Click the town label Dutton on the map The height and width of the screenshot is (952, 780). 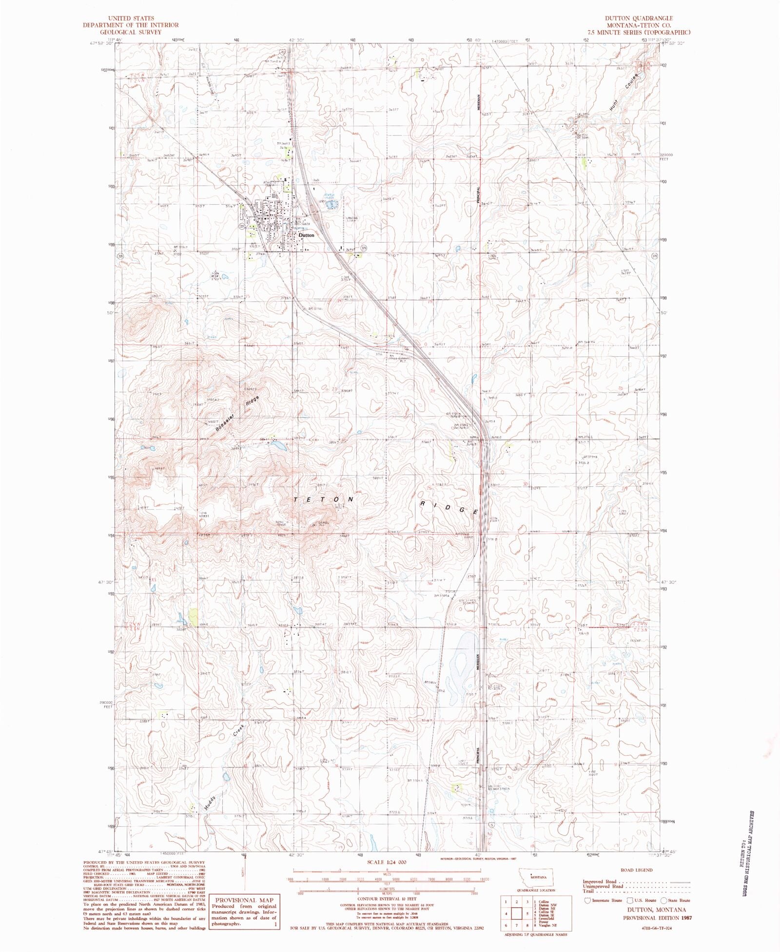[306, 235]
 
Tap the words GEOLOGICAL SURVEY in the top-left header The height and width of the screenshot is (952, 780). [131, 32]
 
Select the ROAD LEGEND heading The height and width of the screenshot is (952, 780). [637, 870]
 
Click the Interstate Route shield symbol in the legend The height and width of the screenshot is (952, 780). [587, 900]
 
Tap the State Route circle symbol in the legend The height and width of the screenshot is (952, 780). [664, 900]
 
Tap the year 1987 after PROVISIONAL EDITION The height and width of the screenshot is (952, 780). [685, 918]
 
